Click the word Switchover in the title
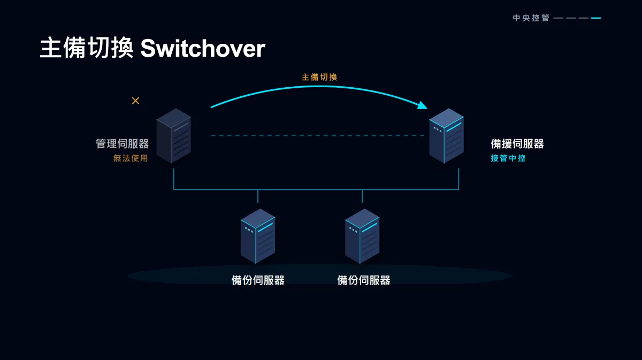coord(203,49)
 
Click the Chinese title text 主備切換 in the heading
coord(87,48)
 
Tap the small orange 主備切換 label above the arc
coord(319,77)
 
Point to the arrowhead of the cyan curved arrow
coord(422,105)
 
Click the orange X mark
coord(135,101)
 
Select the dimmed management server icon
coord(173,136)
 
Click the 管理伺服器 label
coord(123,143)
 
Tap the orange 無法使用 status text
coord(131,158)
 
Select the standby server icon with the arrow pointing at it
coord(446,136)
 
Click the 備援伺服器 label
coord(517,143)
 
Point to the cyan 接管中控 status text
coord(508,158)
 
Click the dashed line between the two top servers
coord(318,135)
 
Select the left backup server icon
coord(258,236)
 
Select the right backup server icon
coord(362,236)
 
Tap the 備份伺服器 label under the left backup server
coord(258,280)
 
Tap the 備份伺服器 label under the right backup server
coord(364,280)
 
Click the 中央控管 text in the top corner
coord(531,18)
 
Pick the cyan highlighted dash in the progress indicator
coord(596,18)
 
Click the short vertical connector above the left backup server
coord(258,196)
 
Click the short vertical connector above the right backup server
coord(362,196)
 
